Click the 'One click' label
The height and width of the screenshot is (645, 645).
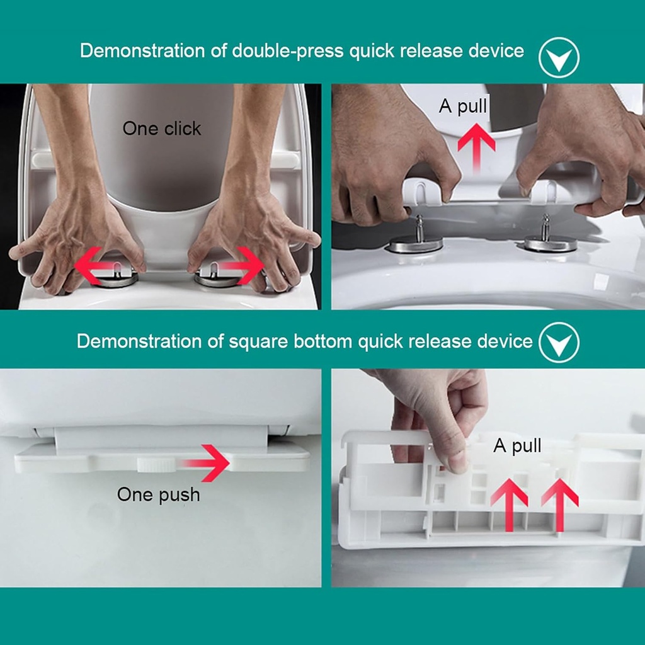(162, 128)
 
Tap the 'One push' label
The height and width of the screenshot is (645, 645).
(158, 494)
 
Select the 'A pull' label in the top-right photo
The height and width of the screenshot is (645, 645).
(463, 106)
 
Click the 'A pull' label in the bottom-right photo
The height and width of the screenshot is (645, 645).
(517, 446)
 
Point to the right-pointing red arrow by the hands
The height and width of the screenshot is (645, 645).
(242, 265)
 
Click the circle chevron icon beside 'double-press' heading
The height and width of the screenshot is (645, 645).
(559, 57)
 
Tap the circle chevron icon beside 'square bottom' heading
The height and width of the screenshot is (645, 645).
(559, 343)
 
